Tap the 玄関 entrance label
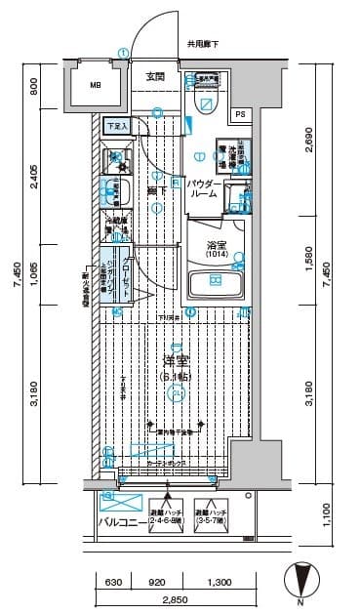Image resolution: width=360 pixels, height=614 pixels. click(156, 76)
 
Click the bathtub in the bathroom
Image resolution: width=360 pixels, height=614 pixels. click(215, 286)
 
